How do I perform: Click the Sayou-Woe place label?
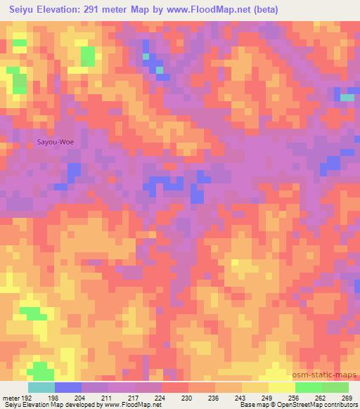click(x=55, y=142)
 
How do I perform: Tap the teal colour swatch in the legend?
click(x=41, y=387)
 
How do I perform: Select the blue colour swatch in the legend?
click(x=68, y=387)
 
